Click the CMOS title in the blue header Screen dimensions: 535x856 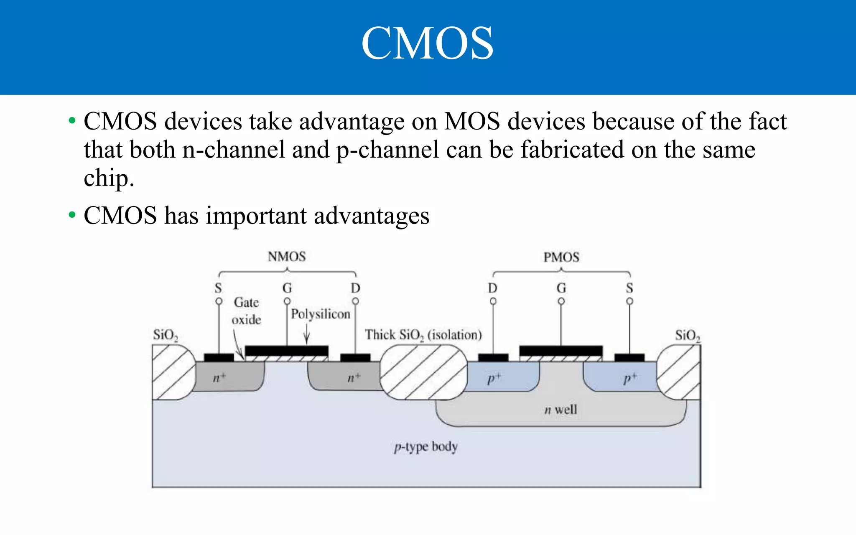coord(427,43)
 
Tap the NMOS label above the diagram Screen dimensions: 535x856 coord(287,256)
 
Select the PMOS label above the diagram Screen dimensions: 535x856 coord(561,257)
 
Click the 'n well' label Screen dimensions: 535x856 coord(560,410)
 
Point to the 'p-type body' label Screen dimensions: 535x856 coord(426,447)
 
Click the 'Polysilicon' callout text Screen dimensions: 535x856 coord(321,314)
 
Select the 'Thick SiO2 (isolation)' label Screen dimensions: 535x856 coord(423,335)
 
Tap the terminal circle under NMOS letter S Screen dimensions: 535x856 coord(219,301)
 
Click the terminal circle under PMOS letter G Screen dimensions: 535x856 coord(561,301)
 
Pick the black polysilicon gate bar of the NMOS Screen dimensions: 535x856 coord(286,351)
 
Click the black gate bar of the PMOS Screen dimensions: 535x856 coord(561,351)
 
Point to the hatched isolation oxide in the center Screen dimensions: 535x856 coord(423,372)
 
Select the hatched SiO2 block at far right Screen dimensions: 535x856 coord(680,372)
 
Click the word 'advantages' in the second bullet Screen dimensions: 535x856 coord(372,216)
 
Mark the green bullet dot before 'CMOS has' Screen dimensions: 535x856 coord(72,215)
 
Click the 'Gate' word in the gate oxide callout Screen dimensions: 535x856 coord(246,302)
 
